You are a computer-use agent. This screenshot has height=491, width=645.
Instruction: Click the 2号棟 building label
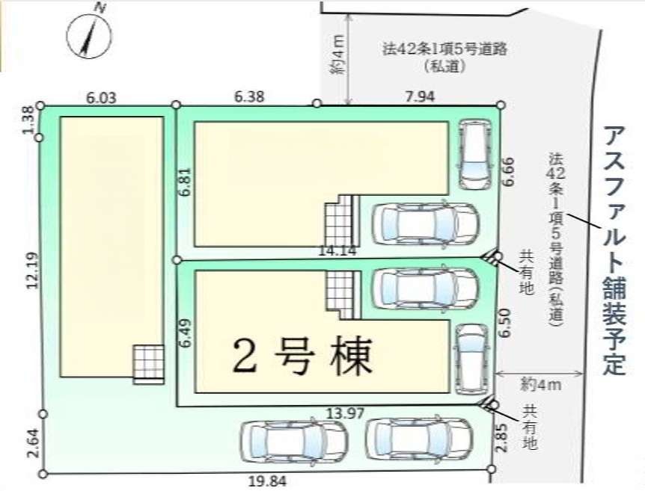pos(302,356)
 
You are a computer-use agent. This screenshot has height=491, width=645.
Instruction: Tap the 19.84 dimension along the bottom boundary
pos(268,481)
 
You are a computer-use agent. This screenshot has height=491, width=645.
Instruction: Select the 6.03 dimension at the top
pos(101,98)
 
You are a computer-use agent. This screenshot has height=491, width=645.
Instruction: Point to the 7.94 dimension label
pos(419,96)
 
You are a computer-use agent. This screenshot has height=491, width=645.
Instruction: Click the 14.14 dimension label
pos(337,250)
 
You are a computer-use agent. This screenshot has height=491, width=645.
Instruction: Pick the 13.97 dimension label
pos(345,413)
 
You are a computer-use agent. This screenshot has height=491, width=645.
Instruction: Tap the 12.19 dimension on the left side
pos(33,271)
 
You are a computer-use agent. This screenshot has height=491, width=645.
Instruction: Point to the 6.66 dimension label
pos(510,172)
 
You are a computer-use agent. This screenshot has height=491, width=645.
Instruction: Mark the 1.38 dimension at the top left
pos(30,120)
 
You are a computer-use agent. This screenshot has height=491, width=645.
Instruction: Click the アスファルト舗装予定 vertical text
pos(614,250)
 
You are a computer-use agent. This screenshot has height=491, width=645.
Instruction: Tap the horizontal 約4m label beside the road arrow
pos(539,386)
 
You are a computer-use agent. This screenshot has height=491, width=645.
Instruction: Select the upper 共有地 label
pos(526,273)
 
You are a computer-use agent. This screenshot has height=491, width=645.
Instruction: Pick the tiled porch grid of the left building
pos(148,365)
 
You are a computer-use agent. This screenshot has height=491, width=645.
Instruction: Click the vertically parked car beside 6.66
pos(475,155)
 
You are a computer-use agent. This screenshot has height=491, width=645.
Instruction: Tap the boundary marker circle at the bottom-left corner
pos(43,475)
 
